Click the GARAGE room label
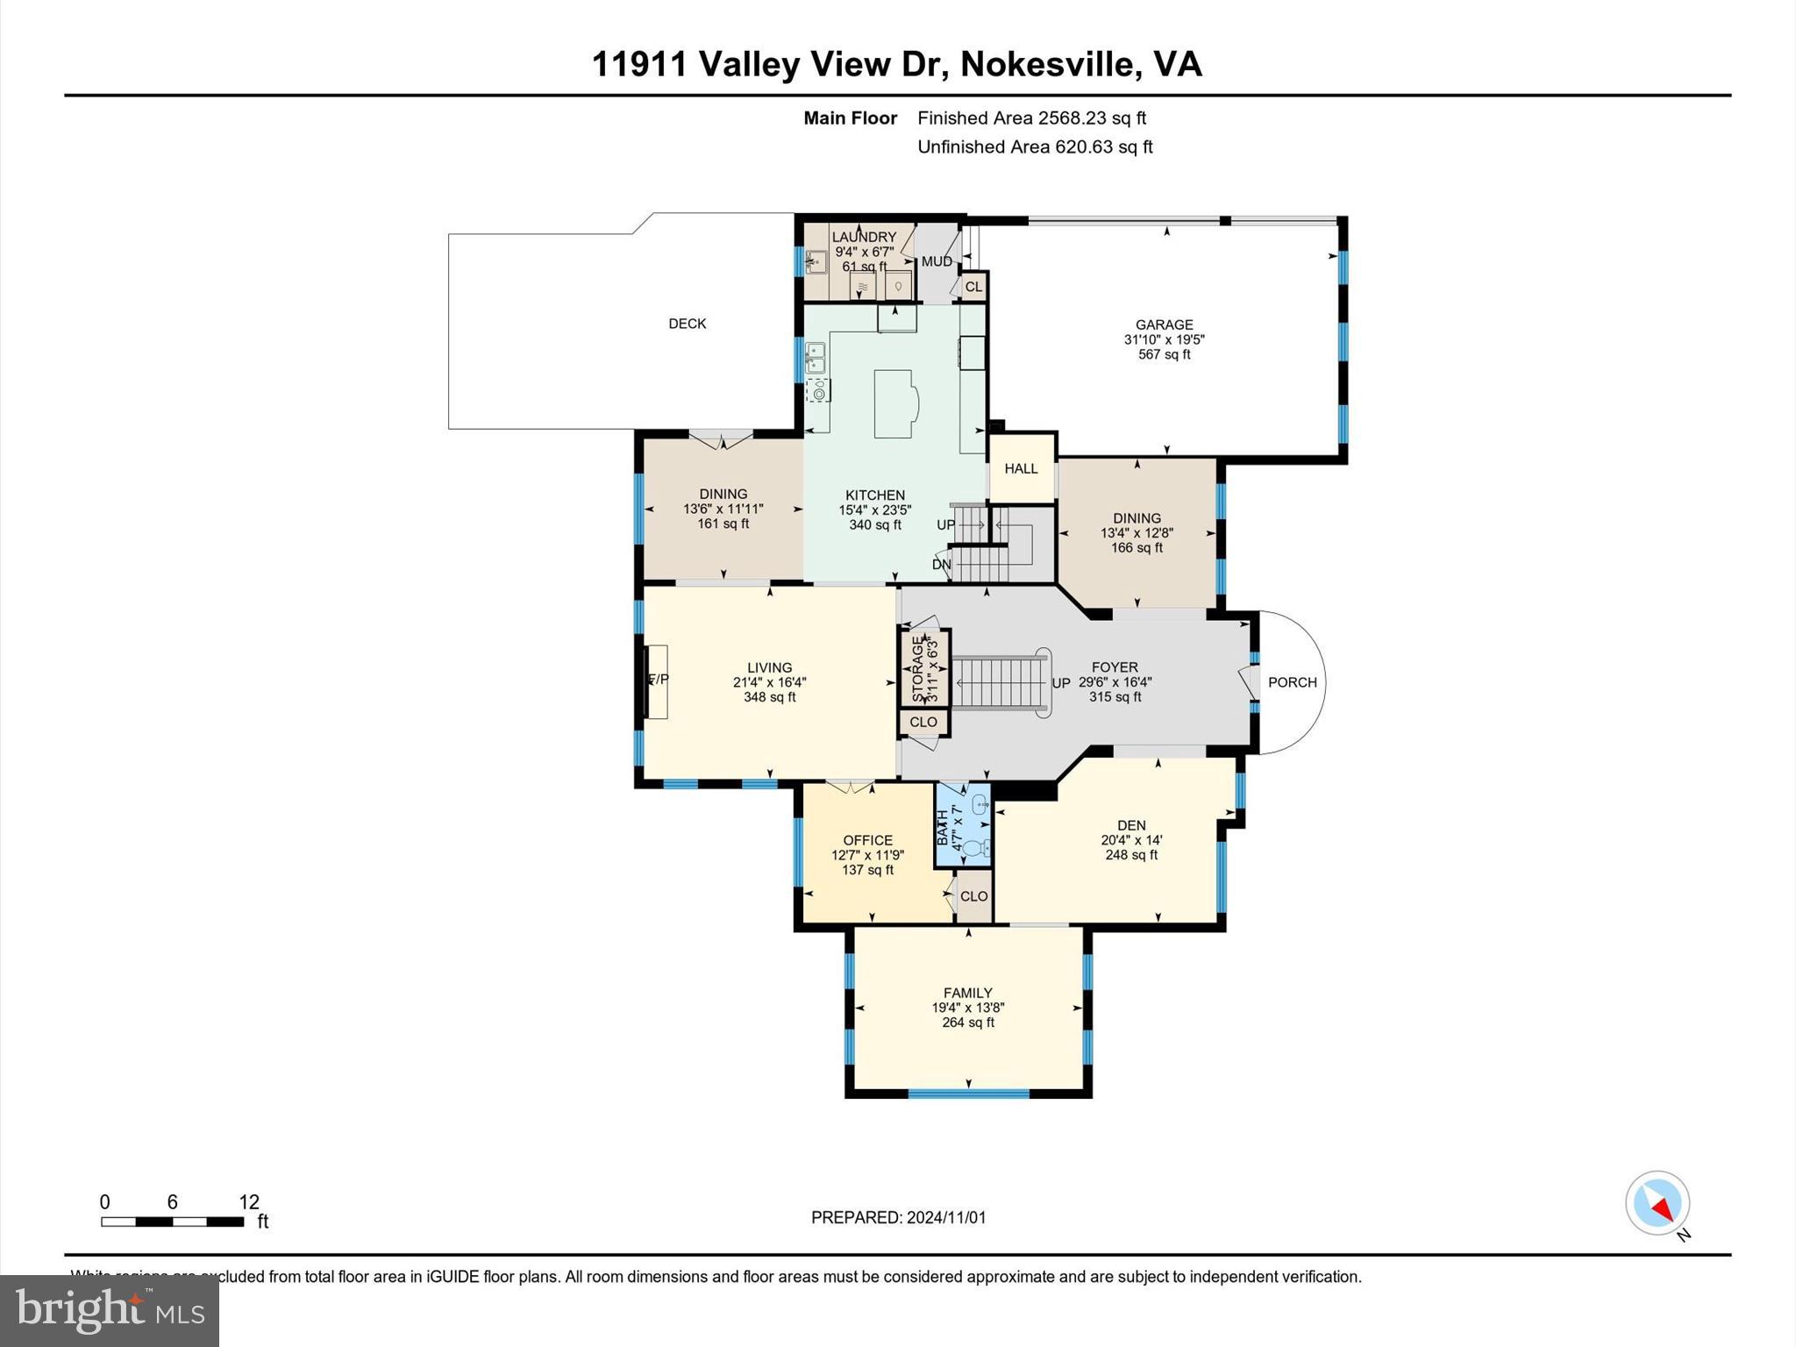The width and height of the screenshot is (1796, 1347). tap(1164, 324)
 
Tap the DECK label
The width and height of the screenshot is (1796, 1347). tap(687, 324)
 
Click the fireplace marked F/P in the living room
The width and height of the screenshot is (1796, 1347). tap(657, 681)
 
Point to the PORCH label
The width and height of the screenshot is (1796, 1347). tap(1292, 682)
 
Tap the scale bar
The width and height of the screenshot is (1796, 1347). tap(172, 1221)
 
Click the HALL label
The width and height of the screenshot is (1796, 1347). tap(1021, 469)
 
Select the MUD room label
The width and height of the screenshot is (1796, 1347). tap(936, 261)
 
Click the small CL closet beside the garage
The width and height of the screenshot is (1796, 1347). tap(973, 287)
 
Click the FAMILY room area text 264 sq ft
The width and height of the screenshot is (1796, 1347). tap(967, 1023)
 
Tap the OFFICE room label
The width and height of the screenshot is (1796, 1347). tap(867, 840)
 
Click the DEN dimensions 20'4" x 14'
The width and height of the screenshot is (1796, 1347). tap(1131, 840)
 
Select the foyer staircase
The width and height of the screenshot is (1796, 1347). tap(1000, 683)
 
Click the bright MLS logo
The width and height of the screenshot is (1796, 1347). tap(110, 1310)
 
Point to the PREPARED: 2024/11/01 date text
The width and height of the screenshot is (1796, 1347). tap(898, 1217)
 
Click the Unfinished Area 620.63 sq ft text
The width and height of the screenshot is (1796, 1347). tap(1034, 147)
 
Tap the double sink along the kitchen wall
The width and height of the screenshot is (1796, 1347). tap(816, 359)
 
